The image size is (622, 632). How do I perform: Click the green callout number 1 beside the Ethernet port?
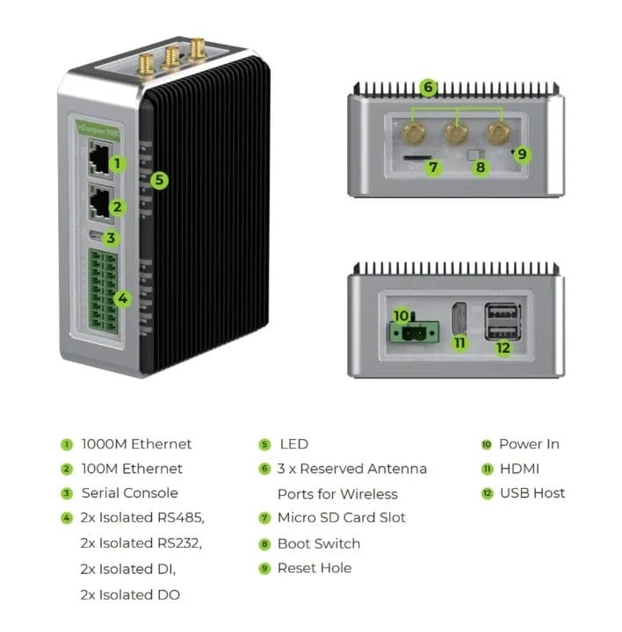(x=118, y=163)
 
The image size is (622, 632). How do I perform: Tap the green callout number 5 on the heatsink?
(x=159, y=180)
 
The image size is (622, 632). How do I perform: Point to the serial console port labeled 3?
(x=96, y=237)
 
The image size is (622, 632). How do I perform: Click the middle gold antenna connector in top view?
(x=455, y=133)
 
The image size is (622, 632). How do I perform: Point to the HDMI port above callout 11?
(x=459, y=320)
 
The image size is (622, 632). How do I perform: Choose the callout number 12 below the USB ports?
(x=503, y=348)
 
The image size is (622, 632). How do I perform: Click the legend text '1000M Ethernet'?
(x=136, y=444)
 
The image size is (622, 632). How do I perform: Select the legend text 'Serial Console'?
(x=129, y=493)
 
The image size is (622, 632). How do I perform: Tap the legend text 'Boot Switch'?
(x=318, y=543)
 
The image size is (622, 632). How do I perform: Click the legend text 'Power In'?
(x=529, y=444)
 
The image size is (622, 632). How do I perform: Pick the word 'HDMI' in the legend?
(x=519, y=469)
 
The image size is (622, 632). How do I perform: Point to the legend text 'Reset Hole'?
(x=314, y=568)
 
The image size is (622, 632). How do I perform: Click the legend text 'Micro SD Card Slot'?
(x=341, y=518)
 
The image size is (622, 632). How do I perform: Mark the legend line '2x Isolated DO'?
(x=130, y=594)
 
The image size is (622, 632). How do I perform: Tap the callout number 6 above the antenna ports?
(x=428, y=88)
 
